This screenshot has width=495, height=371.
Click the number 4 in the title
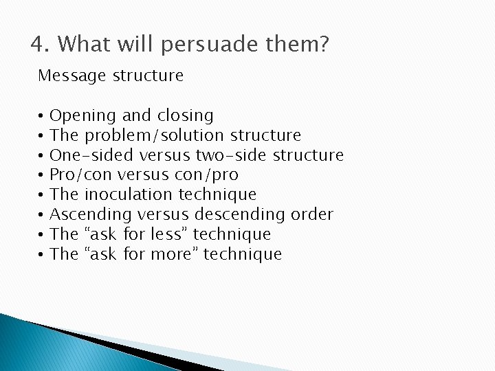(38, 45)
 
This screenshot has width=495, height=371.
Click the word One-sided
(85, 155)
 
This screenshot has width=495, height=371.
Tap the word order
(313, 214)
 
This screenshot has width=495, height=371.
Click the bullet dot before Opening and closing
(41, 116)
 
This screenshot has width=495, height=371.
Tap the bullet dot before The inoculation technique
(41, 195)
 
